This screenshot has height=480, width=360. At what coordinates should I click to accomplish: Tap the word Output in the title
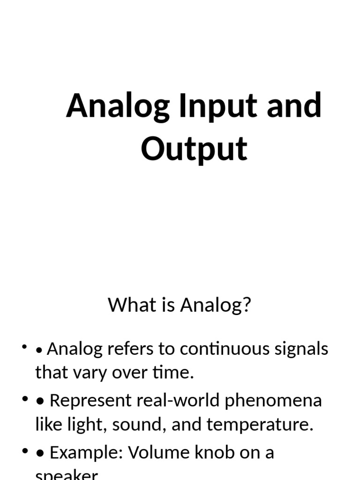click(194, 149)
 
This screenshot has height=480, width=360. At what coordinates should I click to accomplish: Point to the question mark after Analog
click(247, 305)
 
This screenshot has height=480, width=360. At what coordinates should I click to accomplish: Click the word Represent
click(90, 401)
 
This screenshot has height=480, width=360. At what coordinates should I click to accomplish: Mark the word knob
click(209, 452)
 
